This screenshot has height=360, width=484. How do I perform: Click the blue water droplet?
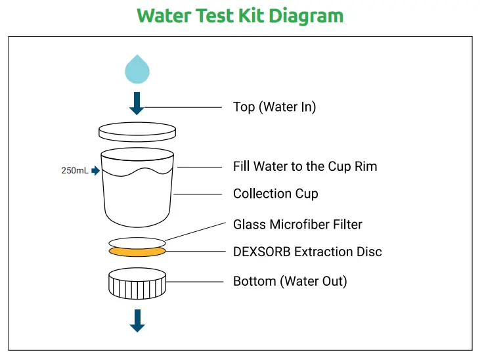pos(137,70)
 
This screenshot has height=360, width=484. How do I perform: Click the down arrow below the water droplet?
pos(137,104)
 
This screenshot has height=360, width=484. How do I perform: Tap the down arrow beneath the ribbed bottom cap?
pos(137,321)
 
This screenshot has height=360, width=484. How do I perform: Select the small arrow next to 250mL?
pos(96,171)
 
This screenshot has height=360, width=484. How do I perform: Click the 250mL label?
pos(74,171)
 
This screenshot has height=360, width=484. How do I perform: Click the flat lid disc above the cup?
pos(137,132)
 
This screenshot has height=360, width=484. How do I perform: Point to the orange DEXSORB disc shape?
pos(137,252)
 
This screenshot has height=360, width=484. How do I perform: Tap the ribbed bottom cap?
pos(137,284)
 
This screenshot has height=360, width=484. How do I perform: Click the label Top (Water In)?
pos(275,107)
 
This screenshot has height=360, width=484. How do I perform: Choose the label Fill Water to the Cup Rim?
pos(305,166)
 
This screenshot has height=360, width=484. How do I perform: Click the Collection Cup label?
pos(275,194)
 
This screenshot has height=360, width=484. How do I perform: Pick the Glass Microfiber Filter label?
pos(297,225)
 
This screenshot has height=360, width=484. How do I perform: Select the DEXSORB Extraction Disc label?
pos(307,252)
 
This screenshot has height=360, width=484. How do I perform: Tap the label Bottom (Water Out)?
pos(290,282)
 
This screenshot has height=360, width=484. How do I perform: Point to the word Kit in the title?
pos(242,16)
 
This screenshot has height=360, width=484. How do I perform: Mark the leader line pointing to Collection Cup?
pos(199,194)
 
